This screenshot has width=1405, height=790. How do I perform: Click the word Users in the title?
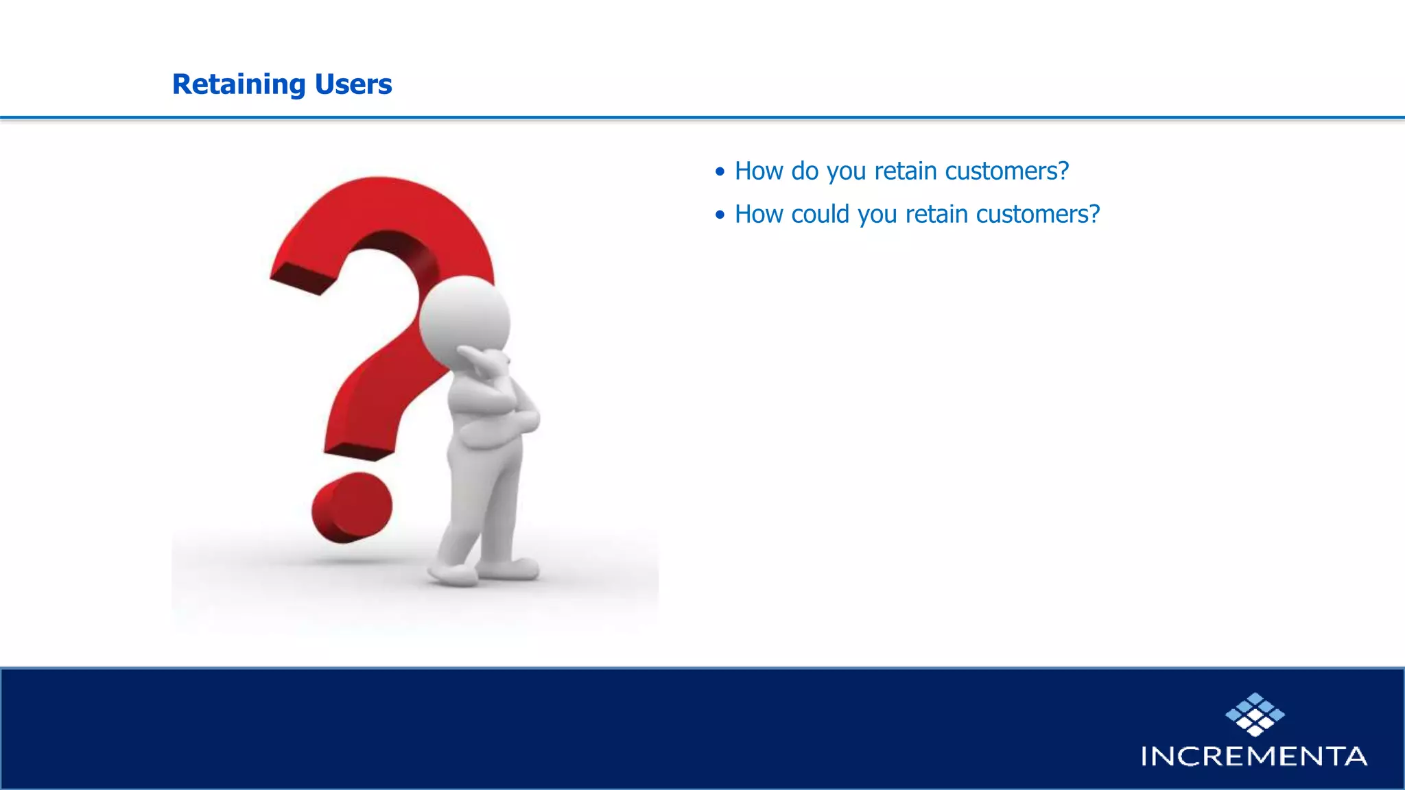[x=353, y=85]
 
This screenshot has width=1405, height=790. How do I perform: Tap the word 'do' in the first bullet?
[x=804, y=171]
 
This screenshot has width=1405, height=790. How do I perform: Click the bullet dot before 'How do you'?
[x=720, y=172]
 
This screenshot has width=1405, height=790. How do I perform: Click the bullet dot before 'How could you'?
[x=720, y=215]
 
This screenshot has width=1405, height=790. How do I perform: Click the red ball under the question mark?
[x=352, y=507]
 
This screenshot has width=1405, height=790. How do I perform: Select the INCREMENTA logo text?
[x=1253, y=756]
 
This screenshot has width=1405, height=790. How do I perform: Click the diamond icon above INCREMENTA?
[x=1255, y=715]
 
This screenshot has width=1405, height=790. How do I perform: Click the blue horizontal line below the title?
[x=702, y=118]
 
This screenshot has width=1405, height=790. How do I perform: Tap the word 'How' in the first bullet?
[x=759, y=171]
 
